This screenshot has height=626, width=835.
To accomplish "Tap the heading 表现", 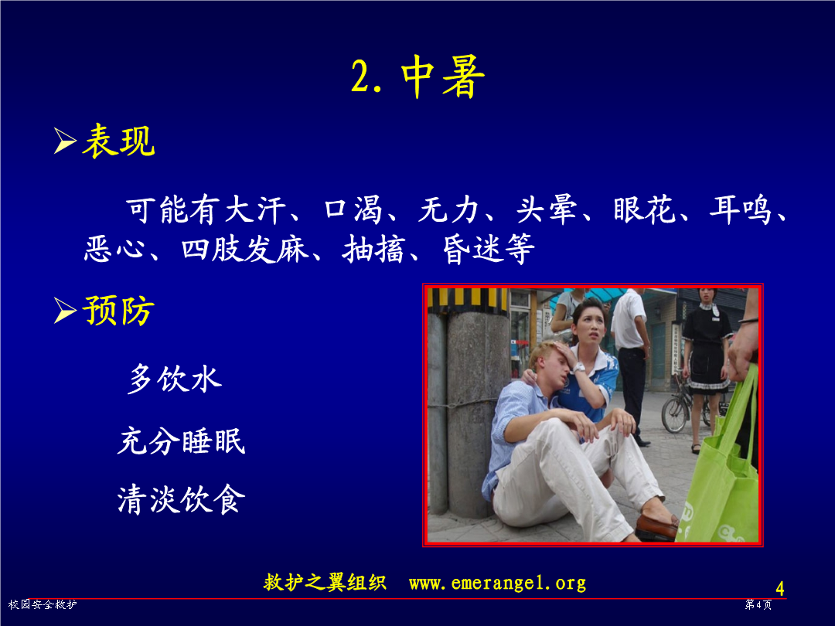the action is (119, 141).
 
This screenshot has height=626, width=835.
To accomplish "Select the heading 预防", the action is (119, 311).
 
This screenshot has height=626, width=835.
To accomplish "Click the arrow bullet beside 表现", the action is (65, 141).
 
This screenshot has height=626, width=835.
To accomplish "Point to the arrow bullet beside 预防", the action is (65, 311).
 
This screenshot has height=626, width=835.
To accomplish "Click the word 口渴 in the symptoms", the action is (353, 209).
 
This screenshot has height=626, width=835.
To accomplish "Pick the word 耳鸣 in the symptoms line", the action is (741, 209).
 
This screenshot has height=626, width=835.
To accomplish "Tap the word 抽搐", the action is (373, 249).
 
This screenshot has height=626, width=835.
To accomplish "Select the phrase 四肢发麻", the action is (245, 249).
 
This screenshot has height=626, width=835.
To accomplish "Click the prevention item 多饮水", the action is (175, 379).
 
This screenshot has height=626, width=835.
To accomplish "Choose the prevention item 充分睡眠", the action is (181, 441).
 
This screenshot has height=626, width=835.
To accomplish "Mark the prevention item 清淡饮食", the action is (181, 499).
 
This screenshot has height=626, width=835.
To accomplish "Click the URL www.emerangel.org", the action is (497, 583).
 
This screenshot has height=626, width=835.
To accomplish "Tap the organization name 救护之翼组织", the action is (325, 583).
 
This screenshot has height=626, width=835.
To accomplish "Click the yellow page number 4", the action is (779, 588).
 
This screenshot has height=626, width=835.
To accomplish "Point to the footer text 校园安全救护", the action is (43, 604).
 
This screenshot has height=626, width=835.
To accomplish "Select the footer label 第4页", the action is (758, 604).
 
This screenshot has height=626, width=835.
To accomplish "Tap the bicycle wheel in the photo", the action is (676, 414).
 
